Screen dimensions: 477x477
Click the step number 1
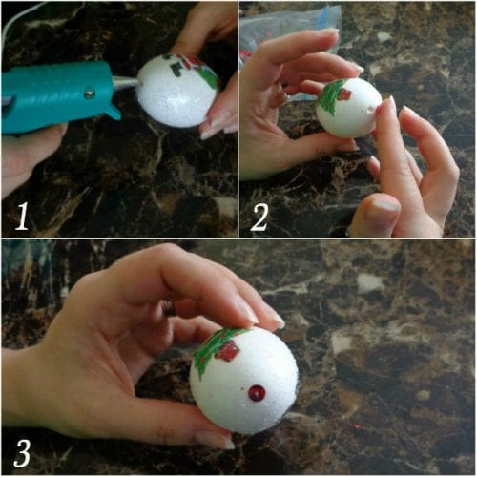click(22, 217)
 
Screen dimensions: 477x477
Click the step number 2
click(259, 217)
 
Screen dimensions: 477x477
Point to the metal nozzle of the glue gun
click(126, 82)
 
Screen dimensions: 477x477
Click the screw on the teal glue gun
click(90, 93)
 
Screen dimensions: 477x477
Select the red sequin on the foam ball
click(257, 393)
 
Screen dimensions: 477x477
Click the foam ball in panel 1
click(177, 91)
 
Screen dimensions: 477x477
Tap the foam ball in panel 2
click(349, 108)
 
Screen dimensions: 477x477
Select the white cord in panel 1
click(12, 19)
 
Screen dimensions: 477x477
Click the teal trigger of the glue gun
click(110, 110)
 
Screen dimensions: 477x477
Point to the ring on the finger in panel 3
click(168, 307)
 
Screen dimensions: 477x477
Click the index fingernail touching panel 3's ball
click(278, 321)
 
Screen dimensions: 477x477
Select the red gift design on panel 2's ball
click(344, 93)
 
